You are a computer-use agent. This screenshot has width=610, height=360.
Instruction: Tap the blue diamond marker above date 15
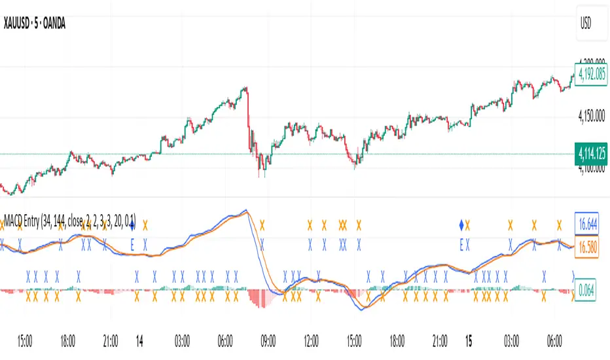click(x=461, y=225)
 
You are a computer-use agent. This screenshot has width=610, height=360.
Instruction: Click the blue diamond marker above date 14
click(x=133, y=225)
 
